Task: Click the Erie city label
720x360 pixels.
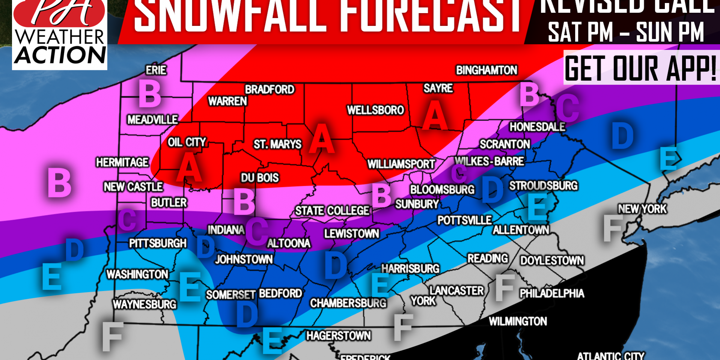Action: pyautogui.click(x=156, y=70)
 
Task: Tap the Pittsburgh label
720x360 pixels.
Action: pyautogui.click(x=158, y=244)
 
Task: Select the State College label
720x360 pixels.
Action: pyautogui.click(x=332, y=211)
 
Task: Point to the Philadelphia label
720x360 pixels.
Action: pyautogui.click(x=552, y=293)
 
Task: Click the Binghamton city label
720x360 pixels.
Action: pyautogui.click(x=487, y=70)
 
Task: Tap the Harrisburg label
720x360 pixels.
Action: pyautogui.click(x=410, y=268)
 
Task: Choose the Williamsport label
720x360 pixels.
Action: pyautogui.click(x=401, y=164)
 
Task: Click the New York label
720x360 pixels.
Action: pyautogui.click(x=642, y=209)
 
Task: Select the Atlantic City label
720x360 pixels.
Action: pyautogui.click(x=611, y=355)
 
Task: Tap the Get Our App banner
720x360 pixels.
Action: pyautogui.click(x=641, y=68)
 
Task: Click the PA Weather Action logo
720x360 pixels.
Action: pyautogui.click(x=60, y=35)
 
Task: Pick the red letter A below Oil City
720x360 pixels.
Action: pyautogui.click(x=189, y=168)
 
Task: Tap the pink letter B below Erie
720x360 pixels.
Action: pyautogui.click(x=150, y=94)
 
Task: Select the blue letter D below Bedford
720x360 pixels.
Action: pyautogui.click(x=247, y=315)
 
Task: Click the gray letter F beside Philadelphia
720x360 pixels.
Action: pyautogui.click(x=505, y=288)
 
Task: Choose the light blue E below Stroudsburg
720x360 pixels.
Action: pyautogui.click(x=538, y=207)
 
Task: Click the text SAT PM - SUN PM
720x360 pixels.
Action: pyautogui.click(x=626, y=32)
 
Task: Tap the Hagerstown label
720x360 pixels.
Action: pyautogui.click(x=338, y=336)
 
